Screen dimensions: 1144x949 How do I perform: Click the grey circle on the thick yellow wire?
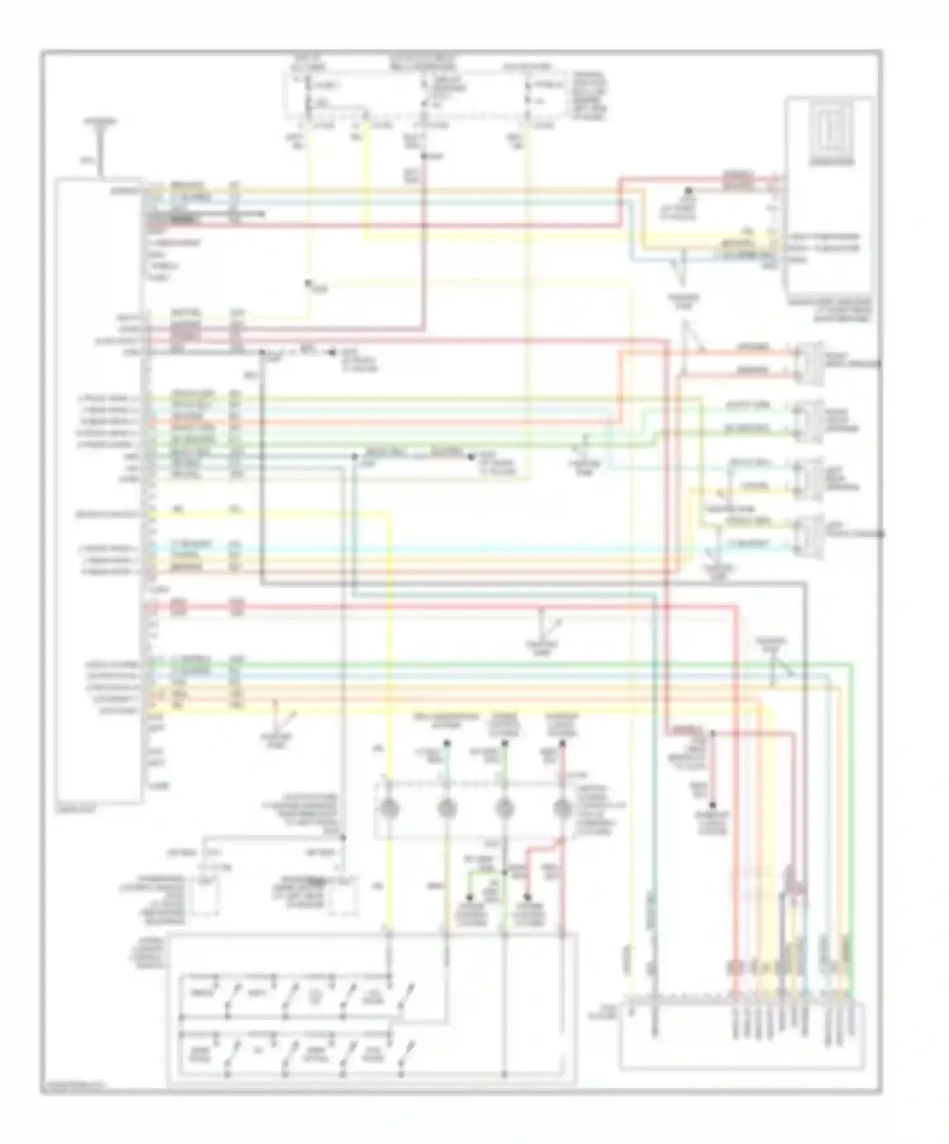pyautogui.click(x=388, y=809)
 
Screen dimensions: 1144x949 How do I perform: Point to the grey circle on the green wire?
pyautogui.click(x=504, y=809)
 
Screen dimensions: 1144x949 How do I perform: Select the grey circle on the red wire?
pyautogui.click(x=562, y=809)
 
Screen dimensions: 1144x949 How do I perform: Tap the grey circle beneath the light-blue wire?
pyautogui.click(x=447, y=809)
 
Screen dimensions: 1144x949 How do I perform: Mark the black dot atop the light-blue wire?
pyautogui.click(x=447, y=744)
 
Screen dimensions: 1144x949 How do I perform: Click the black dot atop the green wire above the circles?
pyautogui.click(x=504, y=744)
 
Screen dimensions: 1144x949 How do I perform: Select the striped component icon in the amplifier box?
pyautogui.click(x=831, y=133)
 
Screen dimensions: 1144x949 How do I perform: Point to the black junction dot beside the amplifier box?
pyautogui.click(x=689, y=190)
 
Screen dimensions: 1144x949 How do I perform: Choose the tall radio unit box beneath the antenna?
pyautogui.click(x=99, y=490)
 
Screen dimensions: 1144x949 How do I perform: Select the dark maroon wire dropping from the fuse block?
pyautogui.click(x=422, y=253)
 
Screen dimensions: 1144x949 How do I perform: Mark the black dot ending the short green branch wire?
pyautogui.click(x=470, y=897)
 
